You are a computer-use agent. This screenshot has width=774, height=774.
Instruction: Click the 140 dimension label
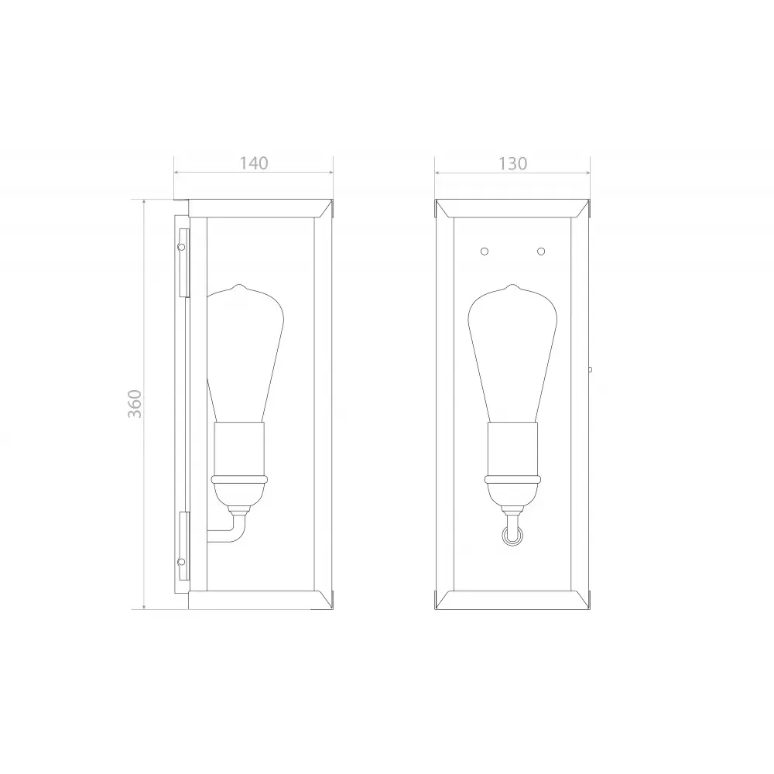254,163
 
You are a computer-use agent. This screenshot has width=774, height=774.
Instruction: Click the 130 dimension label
513,163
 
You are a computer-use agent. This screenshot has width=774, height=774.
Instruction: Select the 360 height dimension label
135,404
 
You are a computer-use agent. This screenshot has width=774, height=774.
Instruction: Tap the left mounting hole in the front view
485,252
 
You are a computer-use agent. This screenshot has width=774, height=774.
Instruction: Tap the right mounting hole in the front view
541,252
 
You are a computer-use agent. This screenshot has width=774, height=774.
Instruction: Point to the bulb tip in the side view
239,285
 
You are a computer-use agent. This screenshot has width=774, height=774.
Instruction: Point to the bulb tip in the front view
512,285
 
